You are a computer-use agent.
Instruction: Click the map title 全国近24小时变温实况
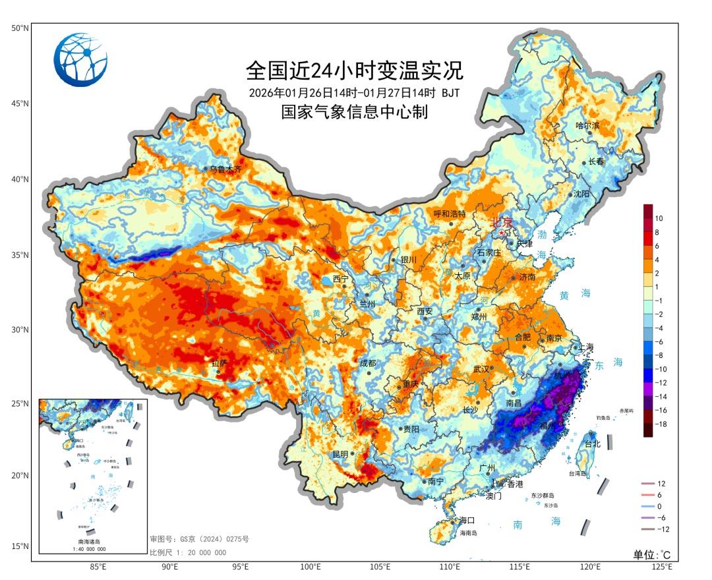(x=355, y=69)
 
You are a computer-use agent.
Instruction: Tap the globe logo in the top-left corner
(x=80, y=60)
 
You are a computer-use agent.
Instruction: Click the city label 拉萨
(x=219, y=363)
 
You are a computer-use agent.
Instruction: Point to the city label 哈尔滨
(x=587, y=125)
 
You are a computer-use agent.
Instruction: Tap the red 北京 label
(x=506, y=223)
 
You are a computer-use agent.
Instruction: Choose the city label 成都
(x=367, y=363)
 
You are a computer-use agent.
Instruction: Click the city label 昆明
(x=341, y=454)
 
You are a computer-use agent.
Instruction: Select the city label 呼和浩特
(x=450, y=214)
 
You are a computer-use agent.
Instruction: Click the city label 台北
(x=592, y=444)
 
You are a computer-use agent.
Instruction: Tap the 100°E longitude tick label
(x=310, y=567)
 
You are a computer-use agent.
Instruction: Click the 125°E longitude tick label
(x=661, y=567)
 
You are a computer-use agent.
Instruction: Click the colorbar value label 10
(x=659, y=218)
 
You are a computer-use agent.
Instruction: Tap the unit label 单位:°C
(x=652, y=554)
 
